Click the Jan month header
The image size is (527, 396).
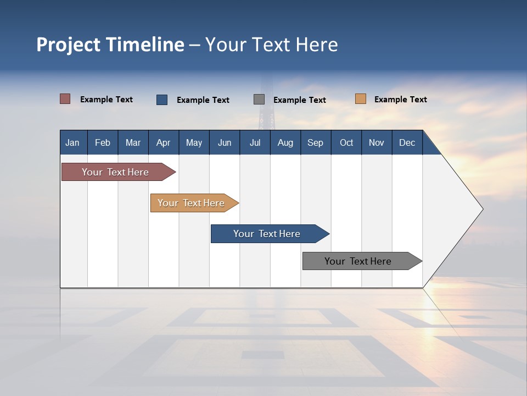point(73,142)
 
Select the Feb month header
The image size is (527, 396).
point(103,142)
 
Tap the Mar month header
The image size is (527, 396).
point(133,142)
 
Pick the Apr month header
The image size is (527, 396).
point(164,142)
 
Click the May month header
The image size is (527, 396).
point(194,142)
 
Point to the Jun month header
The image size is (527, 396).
point(225,142)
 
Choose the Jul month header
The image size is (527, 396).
point(255,142)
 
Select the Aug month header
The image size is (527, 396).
point(285,142)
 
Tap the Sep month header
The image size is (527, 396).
point(316,142)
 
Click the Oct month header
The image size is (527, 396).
point(346,142)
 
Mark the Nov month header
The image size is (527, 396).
point(377,142)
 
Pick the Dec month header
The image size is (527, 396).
point(407,142)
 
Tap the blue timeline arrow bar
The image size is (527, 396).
point(267,234)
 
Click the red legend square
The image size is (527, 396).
point(65,99)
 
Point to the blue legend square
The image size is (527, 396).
point(162,100)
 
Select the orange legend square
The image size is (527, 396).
point(360,99)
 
